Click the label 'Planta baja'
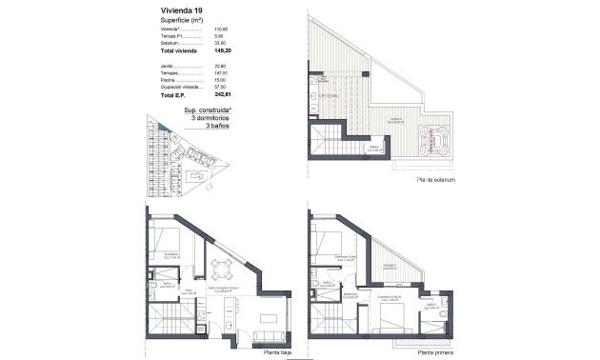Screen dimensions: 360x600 tap(275, 350)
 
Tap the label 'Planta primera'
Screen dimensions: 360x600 tap(431, 350)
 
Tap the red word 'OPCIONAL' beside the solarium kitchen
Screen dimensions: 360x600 tap(330, 96)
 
